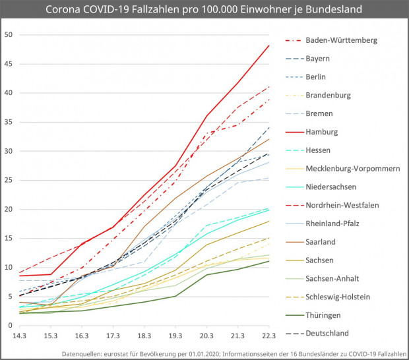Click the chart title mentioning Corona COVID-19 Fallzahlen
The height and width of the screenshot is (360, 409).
[x=204, y=10]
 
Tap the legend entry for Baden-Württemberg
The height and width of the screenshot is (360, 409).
[x=341, y=40]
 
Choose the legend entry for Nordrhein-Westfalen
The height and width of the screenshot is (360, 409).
[x=342, y=205]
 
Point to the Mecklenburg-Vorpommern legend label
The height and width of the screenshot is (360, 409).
[x=352, y=169]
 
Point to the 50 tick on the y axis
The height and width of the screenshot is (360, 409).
[x=9, y=34]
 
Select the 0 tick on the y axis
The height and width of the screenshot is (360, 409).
[x=11, y=326]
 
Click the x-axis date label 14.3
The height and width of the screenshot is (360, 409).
[x=20, y=338]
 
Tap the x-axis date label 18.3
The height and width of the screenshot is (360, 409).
[x=144, y=338]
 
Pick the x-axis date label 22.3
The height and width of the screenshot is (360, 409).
[x=268, y=338]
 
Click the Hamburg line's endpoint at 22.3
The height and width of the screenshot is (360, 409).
[x=269, y=45]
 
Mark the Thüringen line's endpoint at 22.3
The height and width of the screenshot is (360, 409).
[x=269, y=261]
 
